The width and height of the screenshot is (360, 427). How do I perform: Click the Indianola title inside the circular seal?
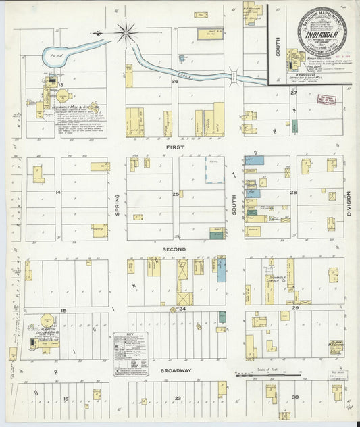tap(323, 32)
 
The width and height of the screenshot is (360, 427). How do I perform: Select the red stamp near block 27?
tap(326, 100)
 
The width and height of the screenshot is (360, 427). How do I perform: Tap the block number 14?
tap(58, 193)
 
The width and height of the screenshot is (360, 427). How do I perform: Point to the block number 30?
tap(294, 397)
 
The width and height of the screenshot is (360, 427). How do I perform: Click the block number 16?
tap(66, 399)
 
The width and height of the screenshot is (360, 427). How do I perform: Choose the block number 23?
tap(177, 399)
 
